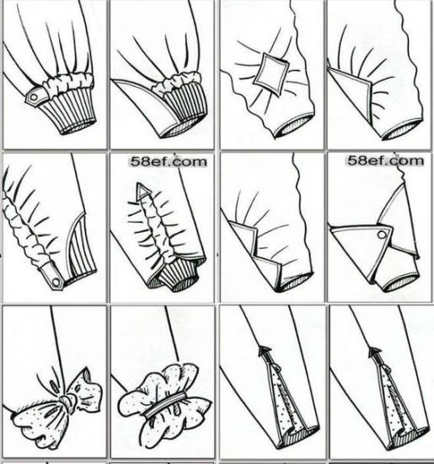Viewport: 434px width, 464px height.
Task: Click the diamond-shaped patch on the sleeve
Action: pos(271,74)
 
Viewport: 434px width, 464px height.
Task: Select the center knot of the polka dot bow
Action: pos(68,402)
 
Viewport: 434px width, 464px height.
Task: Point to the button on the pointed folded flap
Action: pos(382,235)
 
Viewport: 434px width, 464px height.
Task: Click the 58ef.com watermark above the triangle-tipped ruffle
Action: pos(169,162)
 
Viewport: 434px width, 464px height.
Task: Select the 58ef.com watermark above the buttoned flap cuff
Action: pos(385,160)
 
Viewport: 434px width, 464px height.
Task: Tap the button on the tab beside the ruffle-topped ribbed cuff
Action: pos(34,97)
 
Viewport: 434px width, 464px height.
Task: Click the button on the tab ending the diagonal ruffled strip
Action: pos(56,282)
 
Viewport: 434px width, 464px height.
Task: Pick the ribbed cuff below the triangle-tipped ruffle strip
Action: pos(177,275)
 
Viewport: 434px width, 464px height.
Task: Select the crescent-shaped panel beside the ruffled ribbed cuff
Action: pos(142,106)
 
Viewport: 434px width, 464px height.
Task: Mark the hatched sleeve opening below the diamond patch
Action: pos(293,127)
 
